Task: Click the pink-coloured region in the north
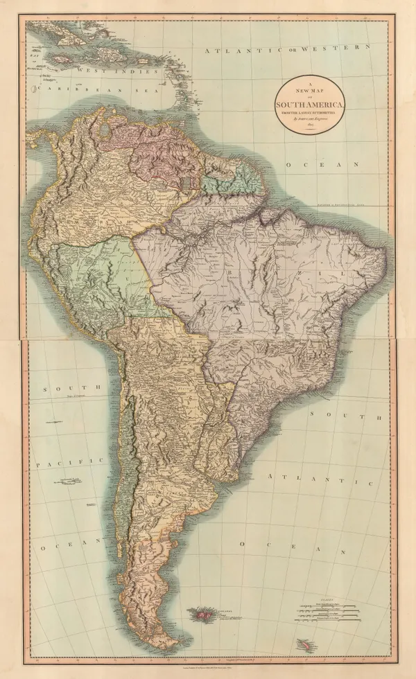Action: click(166, 149)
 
